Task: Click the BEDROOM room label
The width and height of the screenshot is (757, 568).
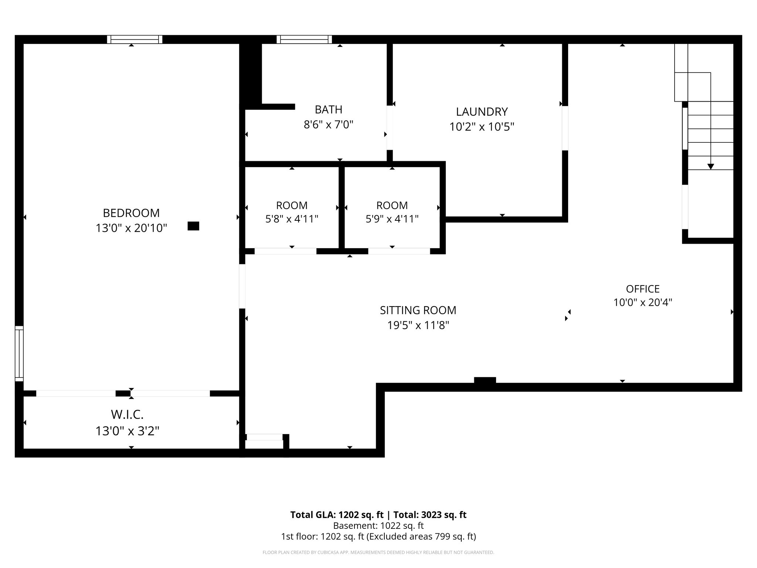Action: click(x=131, y=213)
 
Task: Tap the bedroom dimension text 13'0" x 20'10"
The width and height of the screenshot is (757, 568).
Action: click(x=131, y=228)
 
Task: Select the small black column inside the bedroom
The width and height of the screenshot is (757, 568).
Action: click(x=193, y=226)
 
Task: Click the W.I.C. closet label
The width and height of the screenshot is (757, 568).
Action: click(x=127, y=415)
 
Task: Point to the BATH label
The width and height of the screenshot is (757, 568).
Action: click(x=328, y=109)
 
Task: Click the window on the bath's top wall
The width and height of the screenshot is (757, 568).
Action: click(x=304, y=39)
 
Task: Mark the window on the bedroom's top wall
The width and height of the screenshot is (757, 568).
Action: click(x=135, y=39)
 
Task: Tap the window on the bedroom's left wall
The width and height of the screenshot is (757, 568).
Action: click(x=19, y=353)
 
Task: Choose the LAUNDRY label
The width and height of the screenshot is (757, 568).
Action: click(x=482, y=112)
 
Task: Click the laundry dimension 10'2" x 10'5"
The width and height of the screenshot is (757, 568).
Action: click(x=482, y=127)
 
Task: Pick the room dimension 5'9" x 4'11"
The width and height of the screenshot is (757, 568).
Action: click(x=392, y=219)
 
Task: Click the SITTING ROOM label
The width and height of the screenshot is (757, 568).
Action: click(x=418, y=310)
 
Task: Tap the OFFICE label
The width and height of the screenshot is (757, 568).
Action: click(x=642, y=289)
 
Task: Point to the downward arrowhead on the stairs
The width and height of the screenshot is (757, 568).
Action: click(x=710, y=167)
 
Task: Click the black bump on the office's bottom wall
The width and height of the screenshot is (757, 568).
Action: click(x=485, y=380)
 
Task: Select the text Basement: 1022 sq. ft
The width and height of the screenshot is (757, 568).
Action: click(x=378, y=525)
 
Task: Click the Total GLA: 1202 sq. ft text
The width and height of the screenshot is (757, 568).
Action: click(x=337, y=515)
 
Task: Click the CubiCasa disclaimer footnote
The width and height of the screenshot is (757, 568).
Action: click(x=378, y=552)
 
